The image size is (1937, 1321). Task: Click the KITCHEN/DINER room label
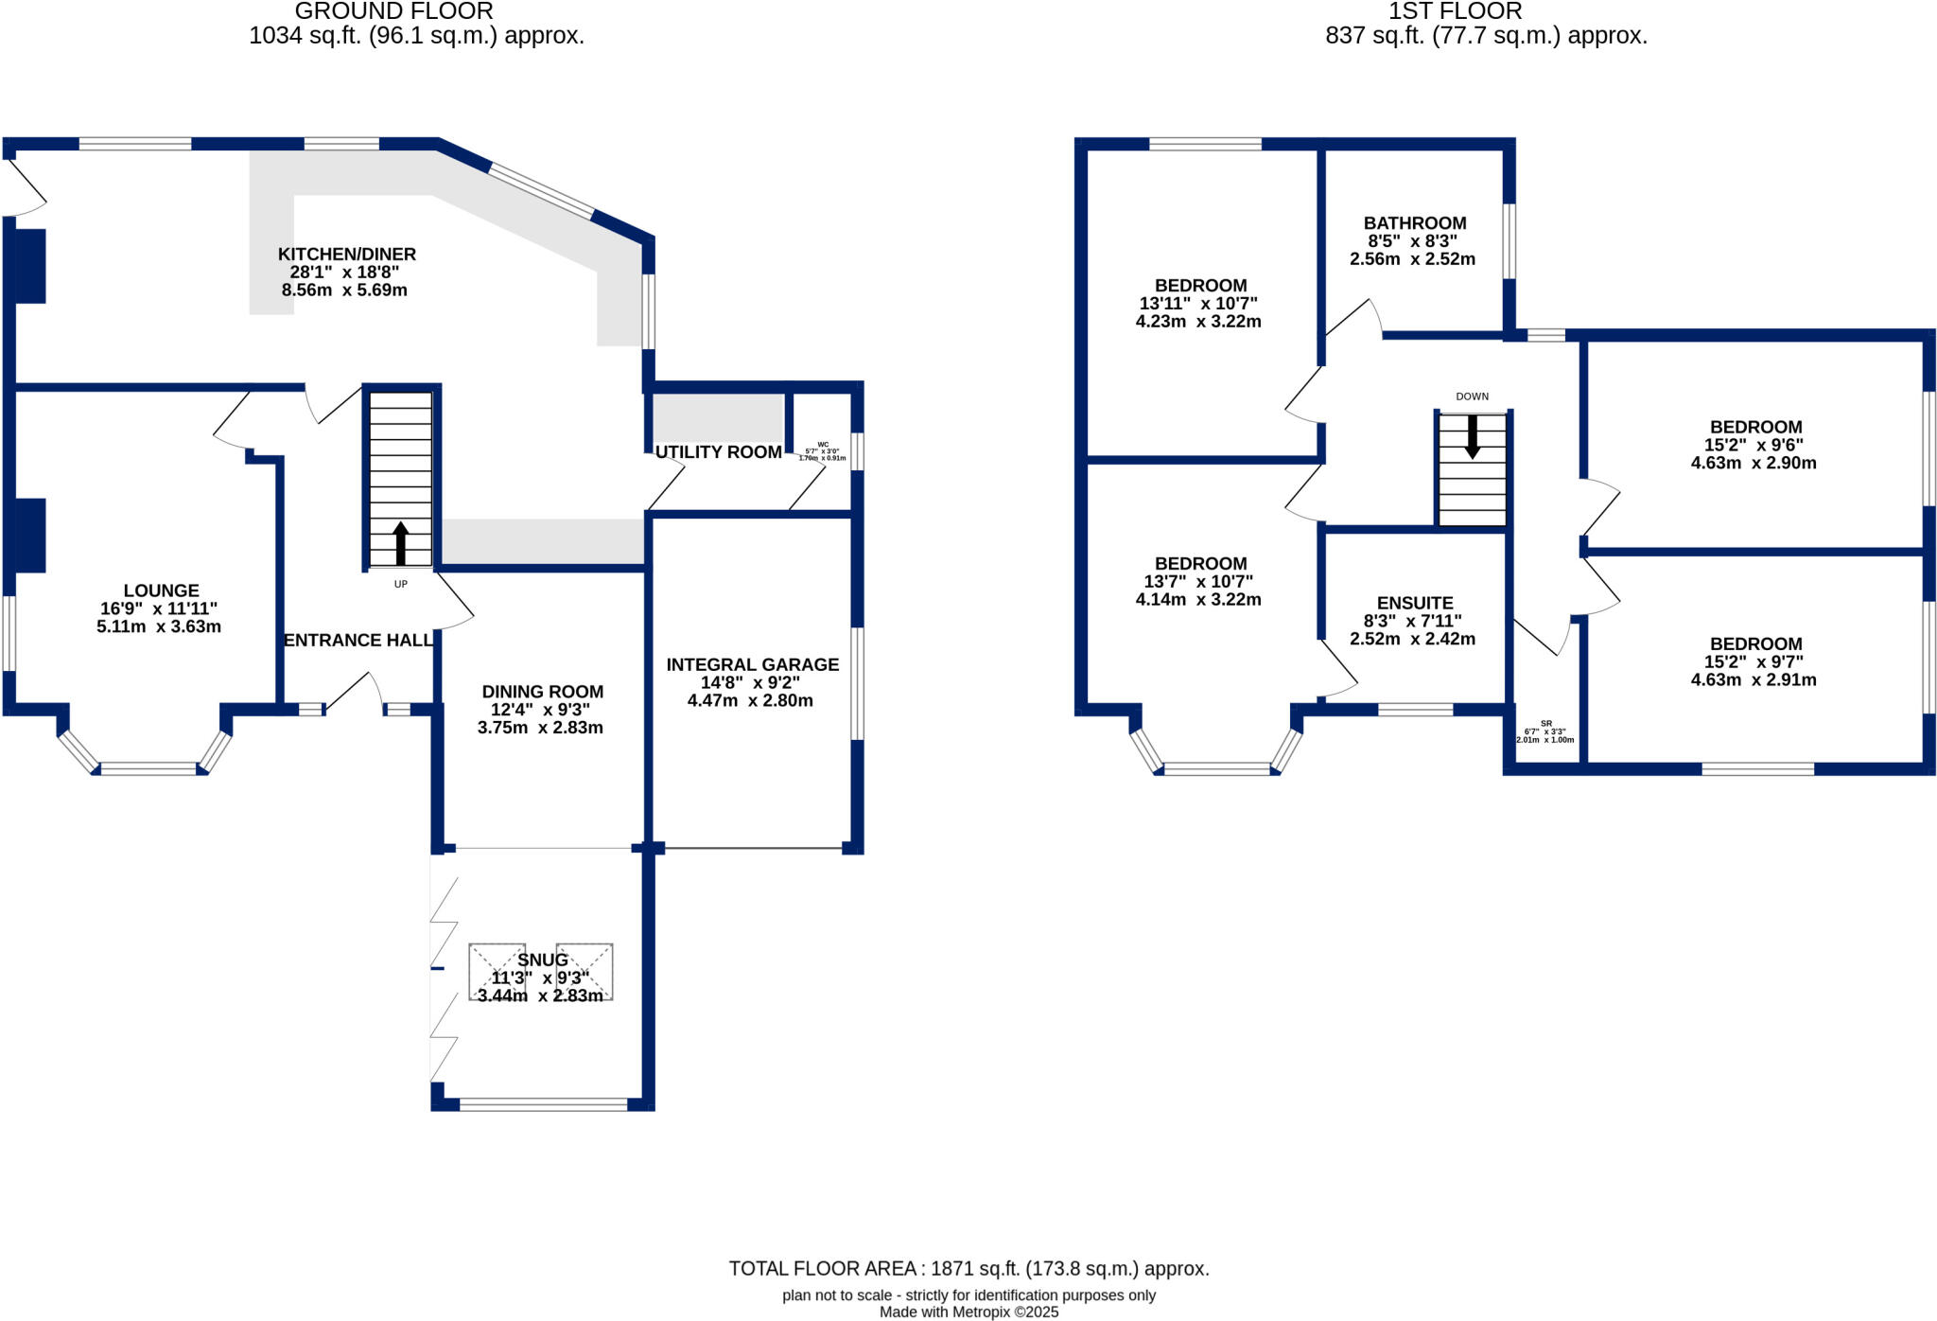[x=346, y=255]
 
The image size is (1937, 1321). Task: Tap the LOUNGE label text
[x=161, y=590]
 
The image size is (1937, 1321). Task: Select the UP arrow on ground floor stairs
[x=400, y=543]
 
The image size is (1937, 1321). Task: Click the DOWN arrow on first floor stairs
[x=1472, y=437]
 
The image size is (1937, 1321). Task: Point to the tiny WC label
[x=823, y=445]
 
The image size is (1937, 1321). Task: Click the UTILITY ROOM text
[x=718, y=452]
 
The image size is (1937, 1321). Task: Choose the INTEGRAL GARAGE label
[x=752, y=665]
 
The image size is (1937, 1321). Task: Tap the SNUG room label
[x=542, y=960]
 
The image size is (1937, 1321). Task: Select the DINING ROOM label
[x=542, y=692]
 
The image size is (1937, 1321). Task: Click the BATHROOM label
[x=1414, y=223]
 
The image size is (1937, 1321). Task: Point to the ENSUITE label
[x=1414, y=603]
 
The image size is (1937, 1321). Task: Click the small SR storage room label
[x=1545, y=724]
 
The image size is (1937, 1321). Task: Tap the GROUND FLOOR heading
[x=393, y=11]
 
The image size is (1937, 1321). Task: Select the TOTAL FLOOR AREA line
[x=968, y=1268]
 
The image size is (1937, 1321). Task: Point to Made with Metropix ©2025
[x=968, y=1312]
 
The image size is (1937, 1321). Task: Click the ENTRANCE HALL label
[x=358, y=641]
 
